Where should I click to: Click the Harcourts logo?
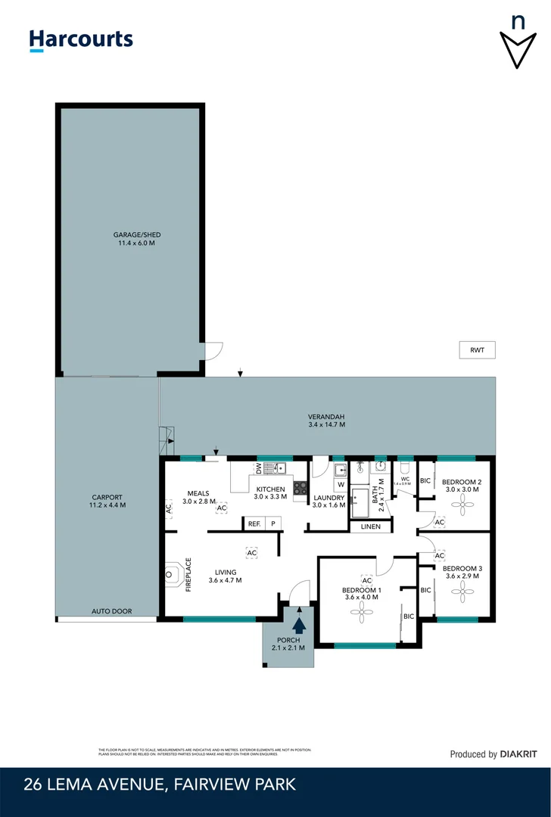pos(81,40)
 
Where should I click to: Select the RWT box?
pos(477,349)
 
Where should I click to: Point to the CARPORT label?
pos(107,501)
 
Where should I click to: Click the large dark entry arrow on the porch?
pos(299,624)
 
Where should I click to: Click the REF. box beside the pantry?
pos(254,523)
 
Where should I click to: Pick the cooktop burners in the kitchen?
pos(300,488)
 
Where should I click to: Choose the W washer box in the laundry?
pos(341,484)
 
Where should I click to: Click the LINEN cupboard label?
pos(371,527)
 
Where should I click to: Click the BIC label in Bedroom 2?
pos(425,481)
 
